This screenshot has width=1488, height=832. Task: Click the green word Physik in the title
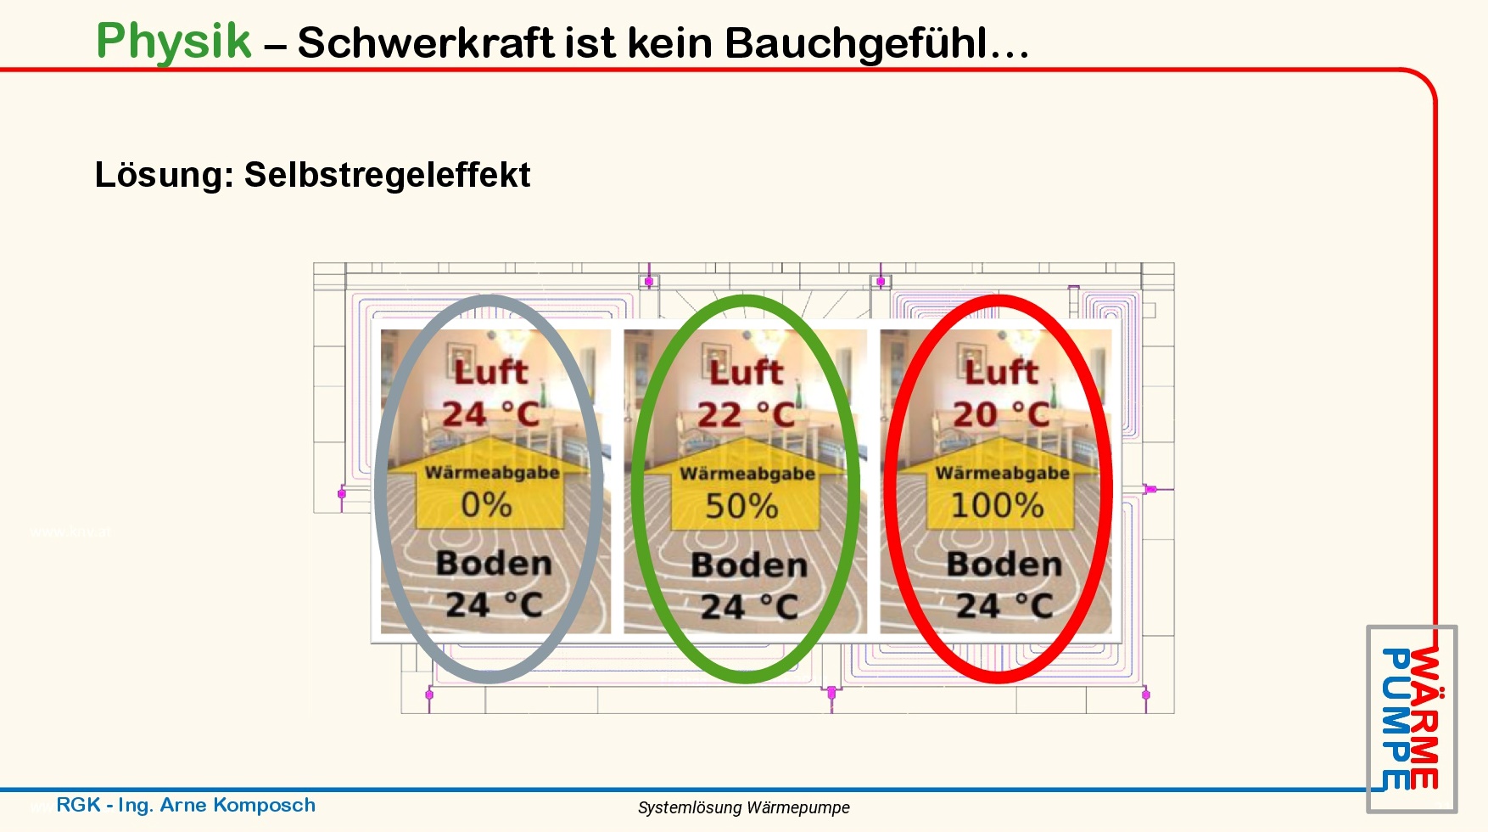174,41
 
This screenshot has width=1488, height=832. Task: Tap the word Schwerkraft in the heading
426,42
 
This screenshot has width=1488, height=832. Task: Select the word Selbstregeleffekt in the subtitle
387,175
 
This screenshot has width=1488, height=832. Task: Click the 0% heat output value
486,505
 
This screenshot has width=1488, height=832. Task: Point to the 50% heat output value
741,506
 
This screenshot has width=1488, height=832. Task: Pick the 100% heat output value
997,505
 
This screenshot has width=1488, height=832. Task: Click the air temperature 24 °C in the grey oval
491,414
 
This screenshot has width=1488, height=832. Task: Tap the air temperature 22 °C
747,415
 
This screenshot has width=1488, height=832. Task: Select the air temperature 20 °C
1002,414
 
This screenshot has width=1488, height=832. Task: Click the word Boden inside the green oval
749,565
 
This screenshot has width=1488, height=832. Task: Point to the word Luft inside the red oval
1001,371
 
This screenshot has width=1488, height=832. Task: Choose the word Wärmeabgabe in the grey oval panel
492,472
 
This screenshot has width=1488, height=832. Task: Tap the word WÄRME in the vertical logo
1425,717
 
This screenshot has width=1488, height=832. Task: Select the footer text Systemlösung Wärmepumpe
744,807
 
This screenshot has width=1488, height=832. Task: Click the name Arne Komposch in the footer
238,805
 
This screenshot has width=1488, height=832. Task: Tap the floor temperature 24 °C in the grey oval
495,605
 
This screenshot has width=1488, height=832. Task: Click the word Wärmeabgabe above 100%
1003,472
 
